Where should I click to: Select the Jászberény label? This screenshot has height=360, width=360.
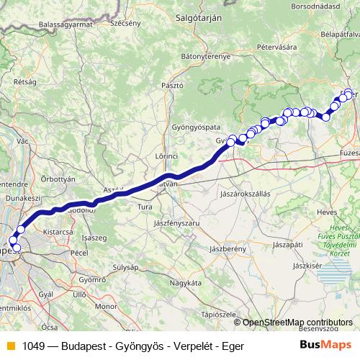click(228, 248)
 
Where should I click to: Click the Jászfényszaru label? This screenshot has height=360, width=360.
click(176, 224)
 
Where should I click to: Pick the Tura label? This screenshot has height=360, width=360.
click(145, 207)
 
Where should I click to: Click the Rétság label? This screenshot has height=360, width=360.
click(25, 82)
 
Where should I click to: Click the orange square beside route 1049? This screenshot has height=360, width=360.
click(10, 346)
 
